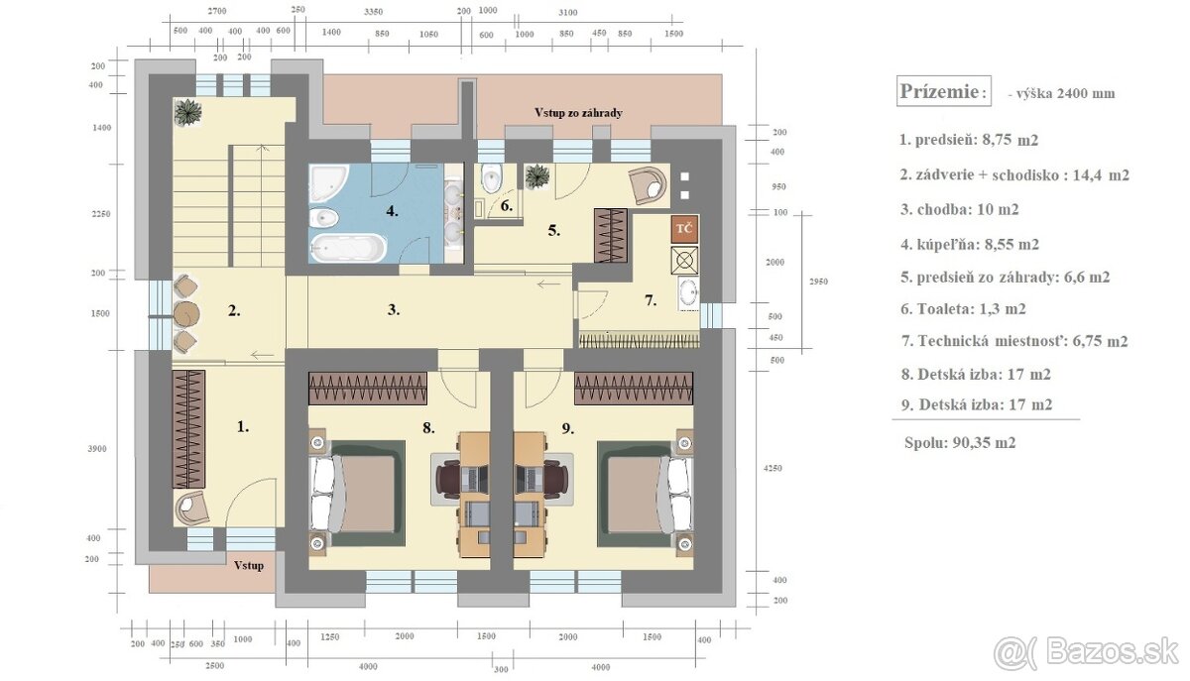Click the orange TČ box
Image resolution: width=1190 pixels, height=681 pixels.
coord(684,229)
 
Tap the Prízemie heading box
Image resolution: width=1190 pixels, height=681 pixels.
coord(943,91)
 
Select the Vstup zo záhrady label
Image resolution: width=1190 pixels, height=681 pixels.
coord(578,113)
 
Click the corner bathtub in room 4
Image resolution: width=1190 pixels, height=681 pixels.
coord(328,182)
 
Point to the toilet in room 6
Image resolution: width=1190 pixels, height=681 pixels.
coord(492,178)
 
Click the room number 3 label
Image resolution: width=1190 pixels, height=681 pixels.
coord(393,309)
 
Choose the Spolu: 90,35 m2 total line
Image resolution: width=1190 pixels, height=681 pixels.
coord(960,442)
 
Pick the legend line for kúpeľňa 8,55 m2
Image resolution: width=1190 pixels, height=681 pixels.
coord(970,245)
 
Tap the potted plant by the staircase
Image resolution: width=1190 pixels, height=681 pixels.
coord(187,113)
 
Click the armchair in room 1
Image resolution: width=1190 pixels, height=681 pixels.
coord(190,509)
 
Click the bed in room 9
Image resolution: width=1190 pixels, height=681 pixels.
coord(645,494)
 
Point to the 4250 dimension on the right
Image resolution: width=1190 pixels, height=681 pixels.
coord(773,468)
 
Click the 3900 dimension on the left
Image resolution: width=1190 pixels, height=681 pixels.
coord(97,449)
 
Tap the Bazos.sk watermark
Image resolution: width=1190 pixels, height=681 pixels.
coord(1085,652)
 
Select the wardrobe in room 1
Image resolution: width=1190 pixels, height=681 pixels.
coord(188,429)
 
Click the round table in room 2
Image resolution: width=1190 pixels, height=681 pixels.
coord(186,313)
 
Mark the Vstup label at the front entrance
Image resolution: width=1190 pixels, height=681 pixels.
coord(249,565)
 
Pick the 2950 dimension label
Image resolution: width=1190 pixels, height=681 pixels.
coord(818,282)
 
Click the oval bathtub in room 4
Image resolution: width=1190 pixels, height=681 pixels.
coord(348,248)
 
